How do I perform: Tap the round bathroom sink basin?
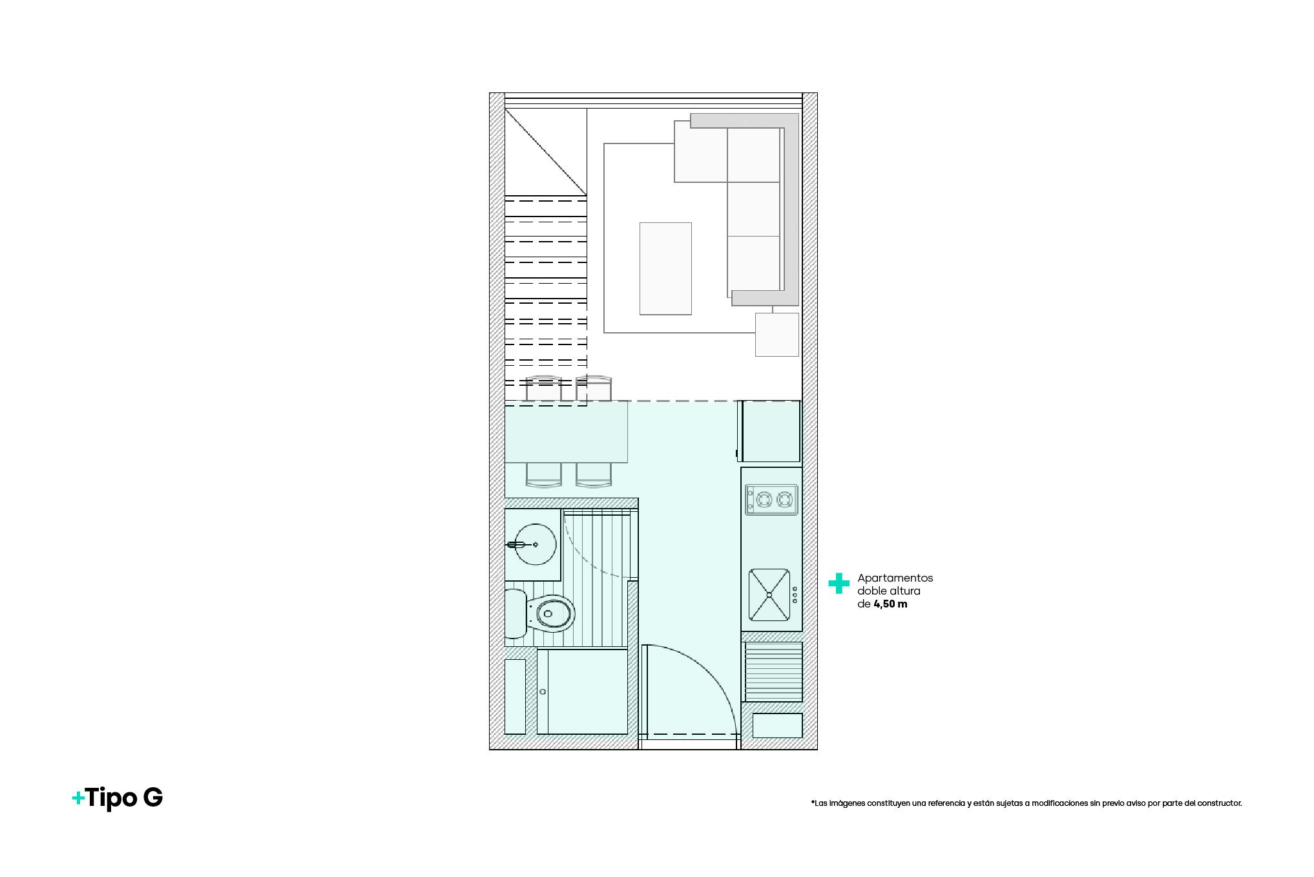tap(536, 544)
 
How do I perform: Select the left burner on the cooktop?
tap(764, 500)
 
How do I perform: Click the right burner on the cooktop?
tap(784, 500)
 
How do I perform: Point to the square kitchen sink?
tap(769, 594)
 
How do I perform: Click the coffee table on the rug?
tap(665, 268)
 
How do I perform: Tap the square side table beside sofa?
tap(777, 334)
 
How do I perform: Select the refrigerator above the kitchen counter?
tap(771, 430)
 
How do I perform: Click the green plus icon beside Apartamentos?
tap(839, 584)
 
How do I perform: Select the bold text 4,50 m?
tap(890, 604)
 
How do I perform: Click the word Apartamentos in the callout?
tap(895, 578)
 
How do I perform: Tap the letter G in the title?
tap(153, 798)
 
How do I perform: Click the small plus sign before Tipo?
tap(78, 799)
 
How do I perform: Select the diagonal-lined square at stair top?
tap(545, 152)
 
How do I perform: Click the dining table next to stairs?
tap(566, 431)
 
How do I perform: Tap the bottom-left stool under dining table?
tap(544, 475)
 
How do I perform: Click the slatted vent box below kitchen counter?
tap(773, 671)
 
